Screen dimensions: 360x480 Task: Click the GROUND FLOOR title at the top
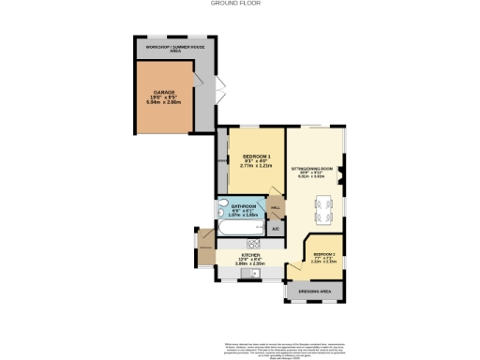point(239,5)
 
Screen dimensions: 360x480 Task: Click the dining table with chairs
point(324,208)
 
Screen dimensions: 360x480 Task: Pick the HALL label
point(276,208)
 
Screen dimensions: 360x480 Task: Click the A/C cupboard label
point(276,228)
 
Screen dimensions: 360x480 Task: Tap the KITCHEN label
point(250,254)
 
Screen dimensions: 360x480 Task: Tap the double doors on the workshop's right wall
point(220,91)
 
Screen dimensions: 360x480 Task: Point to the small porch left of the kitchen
point(204,247)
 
